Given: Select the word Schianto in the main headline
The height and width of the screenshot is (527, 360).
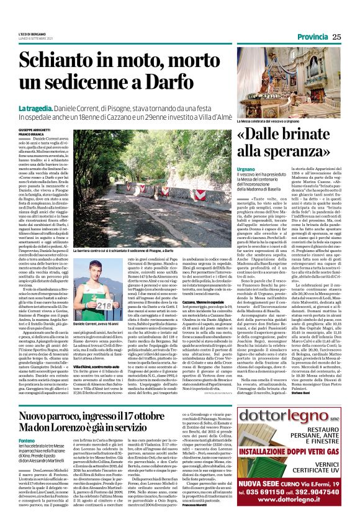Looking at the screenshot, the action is (68, 61).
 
